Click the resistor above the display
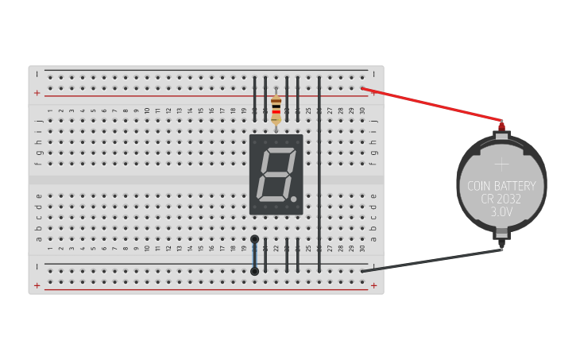(x=276, y=109)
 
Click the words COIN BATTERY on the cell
(x=501, y=186)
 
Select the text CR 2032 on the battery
(x=501, y=199)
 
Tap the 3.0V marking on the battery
(x=501, y=212)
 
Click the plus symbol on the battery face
(x=501, y=165)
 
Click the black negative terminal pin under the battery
(x=501, y=248)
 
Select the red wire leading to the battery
(x=433, y=104)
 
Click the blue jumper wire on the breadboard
(x=254, y=255)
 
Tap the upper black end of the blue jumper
(x=254, y=239)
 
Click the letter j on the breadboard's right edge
(x=373, y=121)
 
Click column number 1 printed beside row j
(x=49, y=110)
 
